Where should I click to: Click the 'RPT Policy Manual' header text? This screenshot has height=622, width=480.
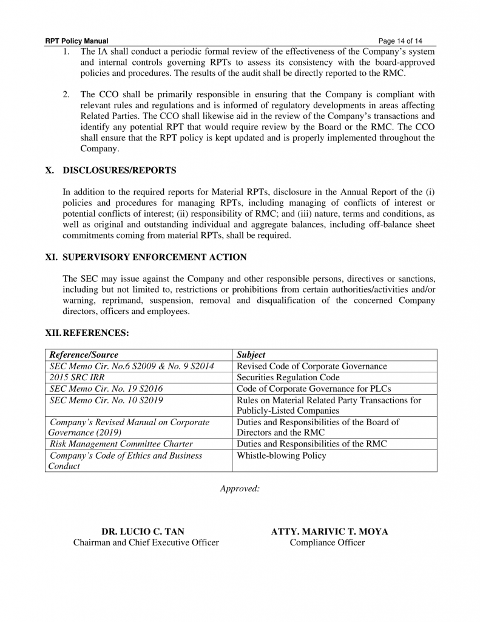coord(76,41)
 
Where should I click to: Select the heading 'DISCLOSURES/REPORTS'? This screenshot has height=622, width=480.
coord(119,170)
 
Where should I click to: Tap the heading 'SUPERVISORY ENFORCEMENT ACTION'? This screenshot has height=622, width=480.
coord(154,257)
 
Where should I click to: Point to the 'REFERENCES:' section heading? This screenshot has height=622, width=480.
coord(96,333)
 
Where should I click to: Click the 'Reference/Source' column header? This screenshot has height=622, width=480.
coord(84,355)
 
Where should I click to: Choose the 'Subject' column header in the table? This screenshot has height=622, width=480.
coord(251,355)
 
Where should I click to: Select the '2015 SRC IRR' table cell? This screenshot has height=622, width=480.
coord(73,377)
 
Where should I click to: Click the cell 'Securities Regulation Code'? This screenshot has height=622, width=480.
coord(288,377)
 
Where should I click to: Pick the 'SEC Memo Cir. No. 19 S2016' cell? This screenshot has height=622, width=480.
coord(106,389)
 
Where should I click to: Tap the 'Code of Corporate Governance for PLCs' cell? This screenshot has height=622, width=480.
coord(313,389)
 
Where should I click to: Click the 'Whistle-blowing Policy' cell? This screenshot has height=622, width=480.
coord(281,456)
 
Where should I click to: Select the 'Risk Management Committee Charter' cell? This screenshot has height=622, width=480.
coord(121,444)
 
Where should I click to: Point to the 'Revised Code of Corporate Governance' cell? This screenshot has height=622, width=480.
coord(311,366)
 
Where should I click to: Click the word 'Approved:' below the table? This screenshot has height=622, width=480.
coord(240,489)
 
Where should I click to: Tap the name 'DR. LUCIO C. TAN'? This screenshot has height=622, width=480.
coord(143,531)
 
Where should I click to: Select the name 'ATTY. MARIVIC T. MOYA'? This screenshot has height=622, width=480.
coord(330,531)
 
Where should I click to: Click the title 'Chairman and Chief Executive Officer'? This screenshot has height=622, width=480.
coord(146,542)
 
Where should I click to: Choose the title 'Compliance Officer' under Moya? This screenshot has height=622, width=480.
coord(327,542)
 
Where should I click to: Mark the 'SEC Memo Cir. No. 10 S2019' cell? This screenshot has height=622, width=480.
coord(106,400)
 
